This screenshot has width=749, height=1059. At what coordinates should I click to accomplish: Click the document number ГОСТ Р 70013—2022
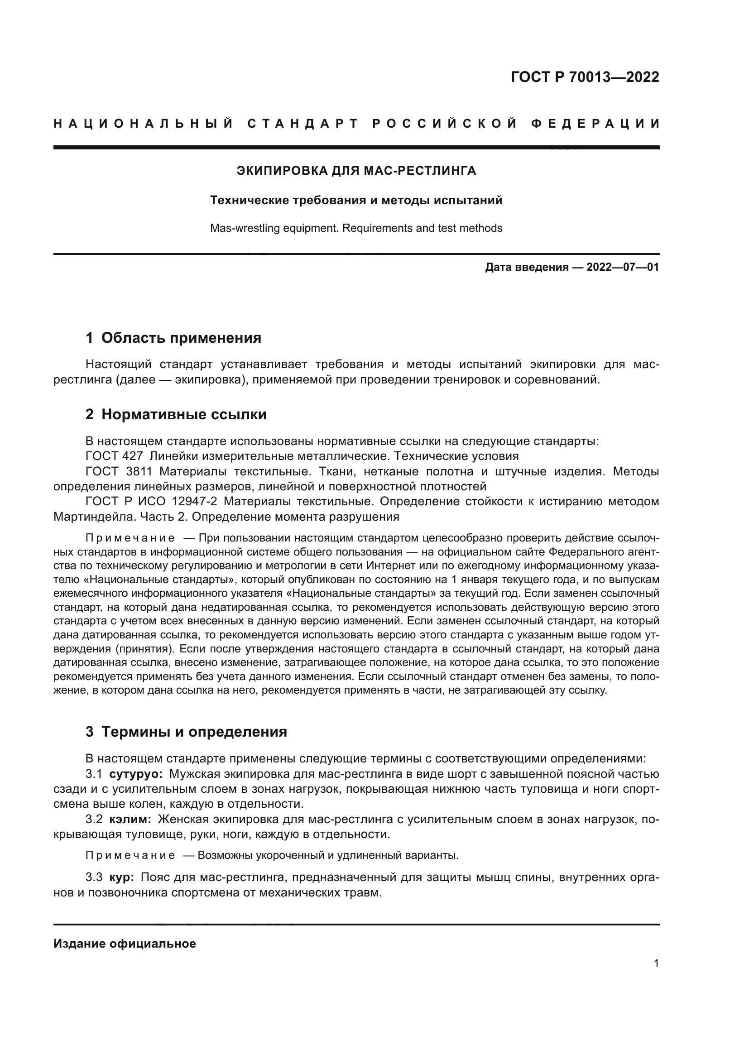[x=585, y=77]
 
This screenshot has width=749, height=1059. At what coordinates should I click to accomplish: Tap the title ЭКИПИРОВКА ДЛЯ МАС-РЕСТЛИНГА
[x=356, y=171]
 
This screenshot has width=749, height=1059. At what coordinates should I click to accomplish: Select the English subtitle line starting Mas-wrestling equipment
[x=356, y=228]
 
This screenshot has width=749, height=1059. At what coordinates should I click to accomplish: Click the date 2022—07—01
[x=623, y=267]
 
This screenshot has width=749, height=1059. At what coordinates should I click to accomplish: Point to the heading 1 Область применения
[x=173, y=338]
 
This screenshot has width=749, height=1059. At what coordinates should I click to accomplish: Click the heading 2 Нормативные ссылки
[x=176, y=415]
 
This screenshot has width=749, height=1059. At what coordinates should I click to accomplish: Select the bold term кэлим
[x=130, y=819]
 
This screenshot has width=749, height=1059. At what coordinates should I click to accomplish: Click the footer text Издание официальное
[x=125, y=944]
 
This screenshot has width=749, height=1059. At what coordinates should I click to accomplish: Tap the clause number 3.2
[x=94, y=819]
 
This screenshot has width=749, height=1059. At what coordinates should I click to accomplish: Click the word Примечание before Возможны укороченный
[x=130, y=856]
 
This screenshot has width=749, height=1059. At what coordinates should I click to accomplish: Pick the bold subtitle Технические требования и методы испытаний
[x=356, y=200]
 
